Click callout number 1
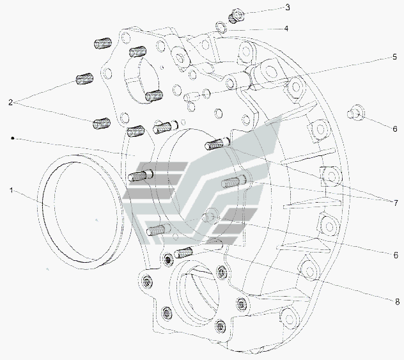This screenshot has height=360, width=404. tap(11, 191)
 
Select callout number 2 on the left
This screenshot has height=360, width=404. tap(10, 102)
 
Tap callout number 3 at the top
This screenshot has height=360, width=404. tap(288, 8)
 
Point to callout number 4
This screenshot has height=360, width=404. tap(286, 28)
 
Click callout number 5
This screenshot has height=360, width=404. tap(394, 57)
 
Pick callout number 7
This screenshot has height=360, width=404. tap(396, 203)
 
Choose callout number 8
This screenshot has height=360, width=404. tap(397, 302)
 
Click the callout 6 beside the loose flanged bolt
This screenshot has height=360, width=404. tap(395, 129)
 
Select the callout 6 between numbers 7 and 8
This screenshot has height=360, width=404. tap(396, 255)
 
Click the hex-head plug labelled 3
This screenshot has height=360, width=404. tap(236, 15)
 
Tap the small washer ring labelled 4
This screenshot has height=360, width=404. tap(221, 27)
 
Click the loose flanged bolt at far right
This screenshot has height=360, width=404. tap(355, 113)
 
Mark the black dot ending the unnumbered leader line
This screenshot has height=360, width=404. tap(12, 138)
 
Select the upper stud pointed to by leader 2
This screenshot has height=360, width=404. tap(84, 79)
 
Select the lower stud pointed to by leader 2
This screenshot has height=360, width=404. tap(101, 123)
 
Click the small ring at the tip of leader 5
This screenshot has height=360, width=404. tap(206, 93)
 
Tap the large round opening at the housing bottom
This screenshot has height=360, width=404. tap(198, 295)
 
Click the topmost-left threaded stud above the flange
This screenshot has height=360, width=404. tap(102, 43)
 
